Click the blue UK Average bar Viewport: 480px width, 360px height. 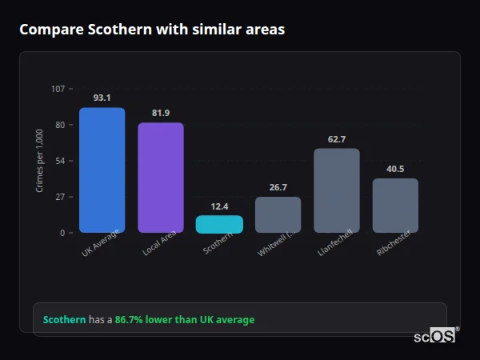tap(102, 170)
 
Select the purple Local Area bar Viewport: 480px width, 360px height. tap(161, 178)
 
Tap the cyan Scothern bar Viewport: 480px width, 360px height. tap(219, 224)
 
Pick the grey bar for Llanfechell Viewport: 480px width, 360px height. tap(337, 190)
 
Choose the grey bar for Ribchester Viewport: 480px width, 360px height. tap(395, 206)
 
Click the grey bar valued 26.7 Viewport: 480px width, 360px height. tap(278, 214)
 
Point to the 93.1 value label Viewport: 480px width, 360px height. tap(102, 98)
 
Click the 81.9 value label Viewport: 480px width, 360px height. tap(161, 113)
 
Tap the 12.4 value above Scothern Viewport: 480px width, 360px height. tap(219, 206)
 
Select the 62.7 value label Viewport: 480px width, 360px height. tap(337, 139)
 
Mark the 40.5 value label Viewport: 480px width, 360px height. tap(395, 169)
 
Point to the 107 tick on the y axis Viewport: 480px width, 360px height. tap(58, 89)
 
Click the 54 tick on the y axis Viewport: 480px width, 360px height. tap(60, 161)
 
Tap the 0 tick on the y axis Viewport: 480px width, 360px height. tap(62, 233)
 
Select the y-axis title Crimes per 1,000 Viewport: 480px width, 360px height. tap(40, 161)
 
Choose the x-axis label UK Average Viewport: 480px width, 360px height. tap(101, 244)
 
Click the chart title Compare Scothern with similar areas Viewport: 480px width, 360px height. tap(152, 30)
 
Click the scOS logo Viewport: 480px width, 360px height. tap(435, 336)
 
